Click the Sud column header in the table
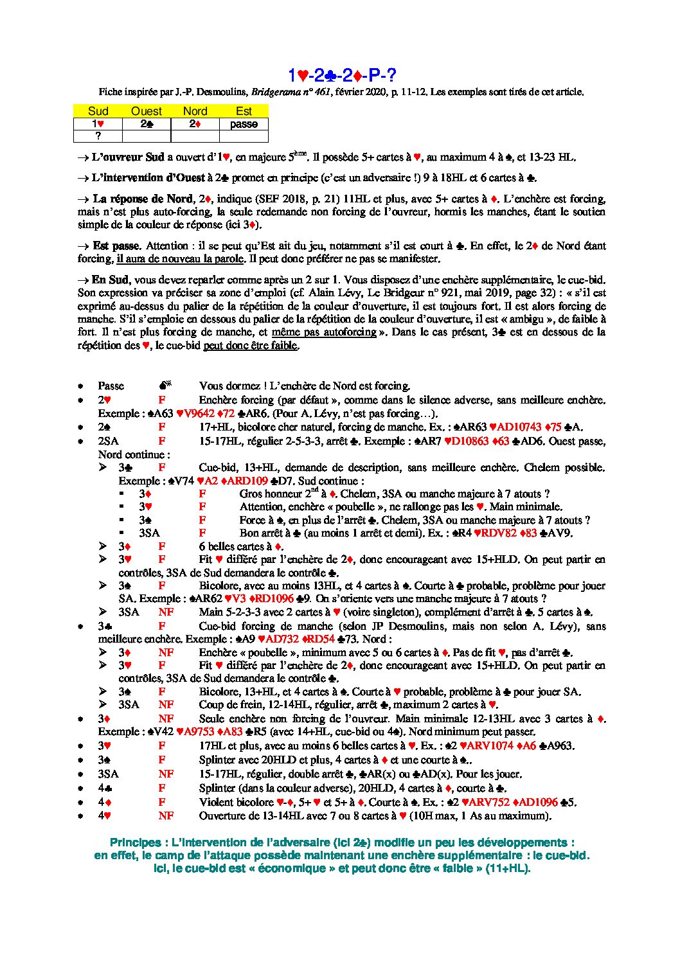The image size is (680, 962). (98, 111)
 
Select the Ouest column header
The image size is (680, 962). (146, 111)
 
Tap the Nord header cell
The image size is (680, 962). (195, 111)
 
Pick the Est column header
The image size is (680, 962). (244, 111)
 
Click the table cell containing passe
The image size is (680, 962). (244, 124)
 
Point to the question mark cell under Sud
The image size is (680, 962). (98, 136)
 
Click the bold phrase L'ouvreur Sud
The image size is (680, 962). (128, 157)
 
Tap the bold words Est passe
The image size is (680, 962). (116, 245)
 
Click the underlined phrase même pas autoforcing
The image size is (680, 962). (324, 332)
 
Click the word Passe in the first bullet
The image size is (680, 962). (111, 386)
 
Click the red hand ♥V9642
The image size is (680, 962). (197, 413)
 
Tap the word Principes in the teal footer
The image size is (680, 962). (136, 842)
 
